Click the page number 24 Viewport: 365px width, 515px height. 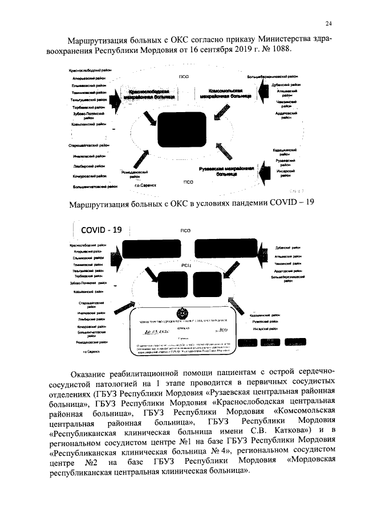tap(328, 23)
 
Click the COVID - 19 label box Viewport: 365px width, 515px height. tap(102, 230)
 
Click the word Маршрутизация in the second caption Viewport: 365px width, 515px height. tap(100, 204)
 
